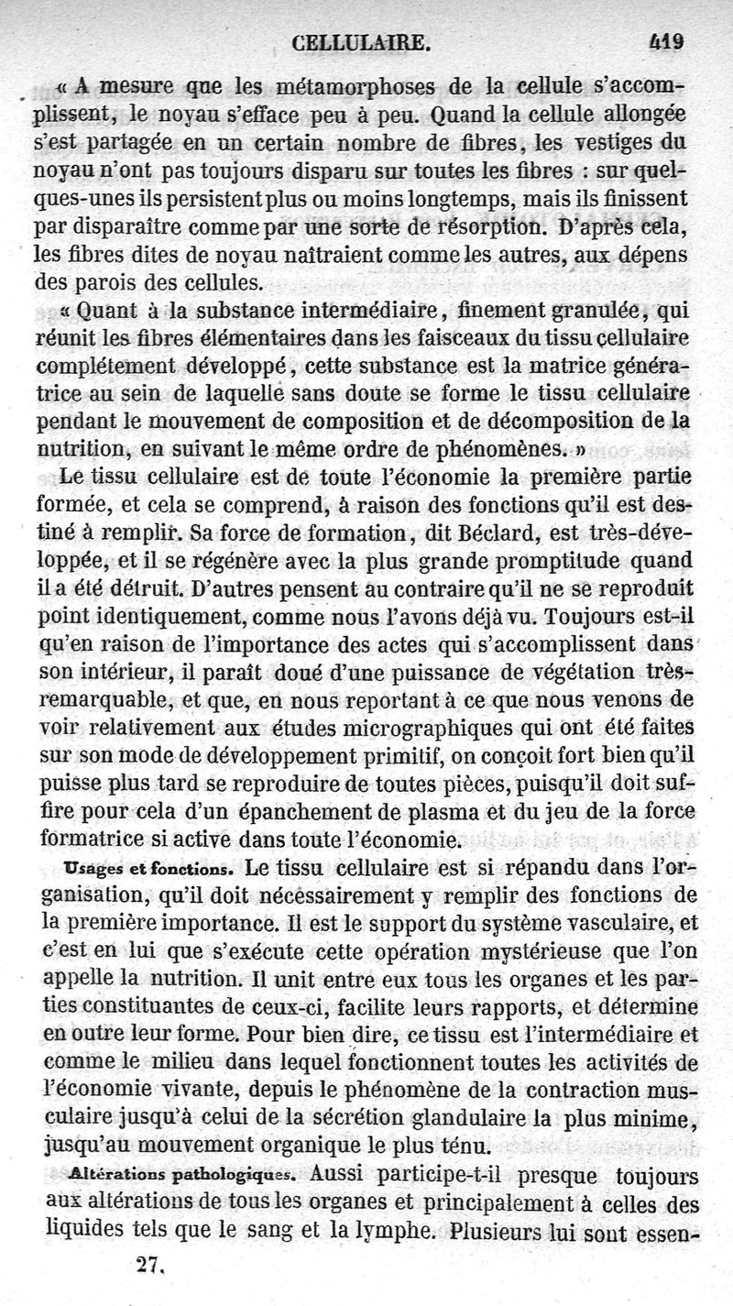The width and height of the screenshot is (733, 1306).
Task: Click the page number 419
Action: [x=667, y=40]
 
